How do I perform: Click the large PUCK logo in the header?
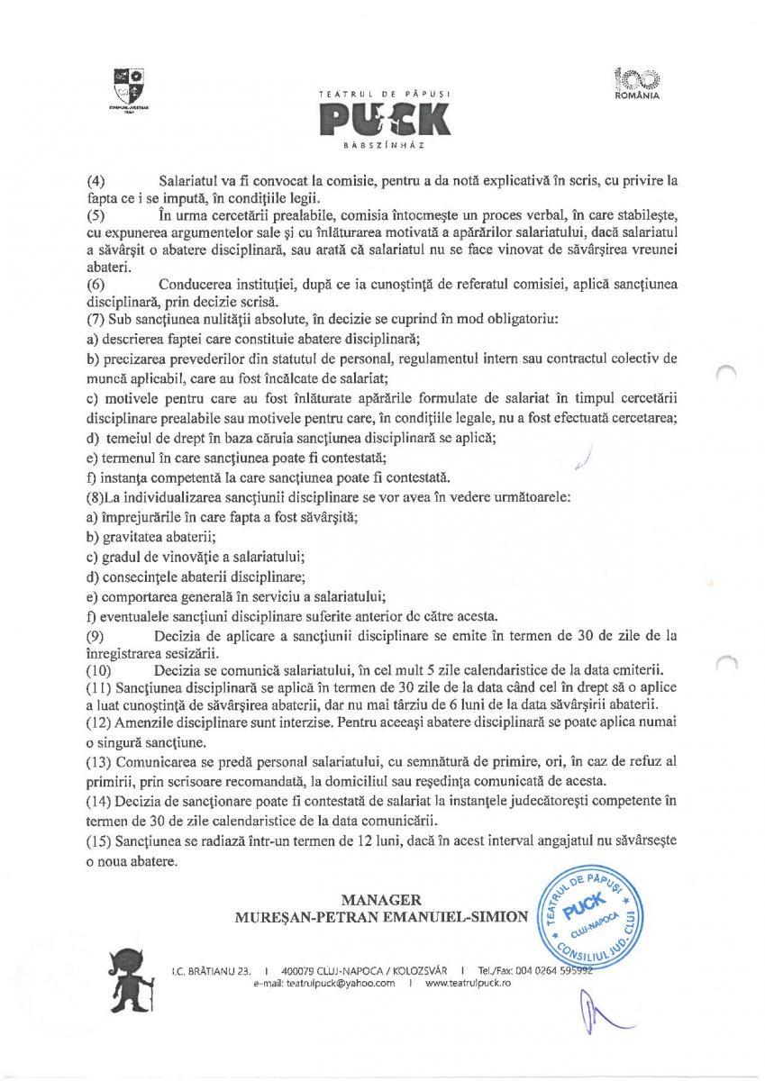point(383,120)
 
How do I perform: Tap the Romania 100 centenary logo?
point(636,82)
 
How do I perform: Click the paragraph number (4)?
point(95,181)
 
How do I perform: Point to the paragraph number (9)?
point(95,636)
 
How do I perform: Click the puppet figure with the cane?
point(136,976)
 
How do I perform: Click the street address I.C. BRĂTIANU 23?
point(210,970)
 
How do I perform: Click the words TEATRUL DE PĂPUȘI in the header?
point(383,94)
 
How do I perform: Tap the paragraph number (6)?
point(95,285)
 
